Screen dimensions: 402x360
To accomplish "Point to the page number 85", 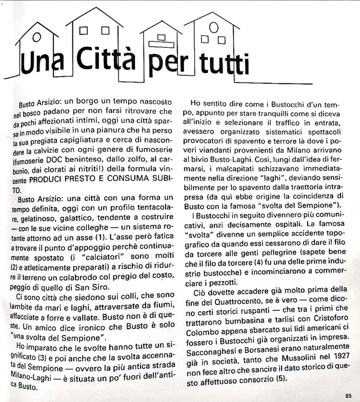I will coord(348,395).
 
